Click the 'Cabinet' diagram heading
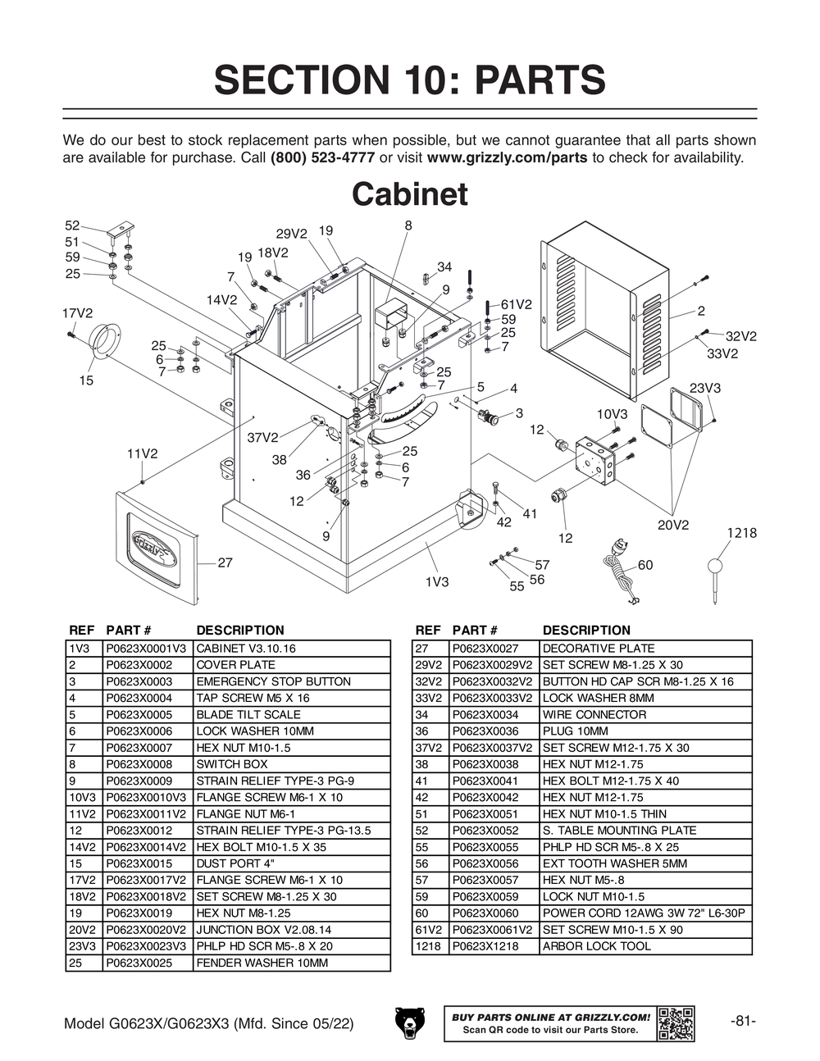(409, 195)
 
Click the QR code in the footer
(676, 1022)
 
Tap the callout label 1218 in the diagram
(741, 533)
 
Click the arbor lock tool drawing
(716, 578)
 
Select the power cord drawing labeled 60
(621, 574)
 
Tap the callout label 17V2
(78, 313)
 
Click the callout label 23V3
(705, 388)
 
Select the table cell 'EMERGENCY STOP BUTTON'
(273, 681)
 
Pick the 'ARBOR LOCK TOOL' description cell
(597, 946)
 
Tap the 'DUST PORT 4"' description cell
(235, 863)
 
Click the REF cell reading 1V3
(83, 649)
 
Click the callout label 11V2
(142, 453)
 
